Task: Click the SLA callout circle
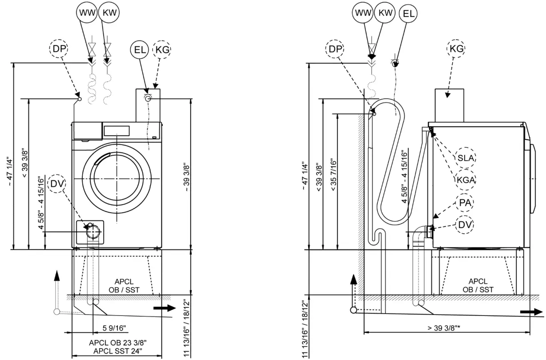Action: point(466,158)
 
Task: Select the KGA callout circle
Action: point(466,180)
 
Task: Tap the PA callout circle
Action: point(466,203)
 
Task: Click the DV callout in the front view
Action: point(56,183)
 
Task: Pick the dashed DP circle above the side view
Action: point(337,49)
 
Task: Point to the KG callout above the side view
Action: point(456,49)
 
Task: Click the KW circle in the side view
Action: point(385,12)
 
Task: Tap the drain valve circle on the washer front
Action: point(93,232)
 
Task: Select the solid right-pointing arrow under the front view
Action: point(164,307)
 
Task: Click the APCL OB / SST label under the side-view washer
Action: point(478,285)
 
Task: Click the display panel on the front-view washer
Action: point(116,131)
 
